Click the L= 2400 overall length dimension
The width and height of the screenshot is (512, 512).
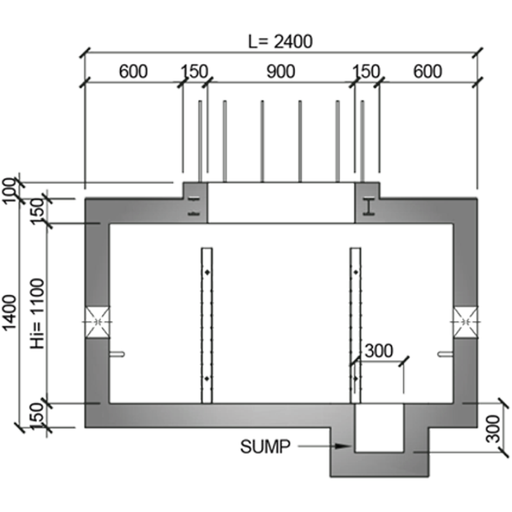pos(280,42)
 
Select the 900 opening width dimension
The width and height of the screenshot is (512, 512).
pos(281,72)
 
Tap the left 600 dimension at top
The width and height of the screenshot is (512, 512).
pos(133,72)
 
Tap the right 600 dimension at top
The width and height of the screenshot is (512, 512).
pos(427,72)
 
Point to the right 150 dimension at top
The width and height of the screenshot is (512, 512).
pos(367,72)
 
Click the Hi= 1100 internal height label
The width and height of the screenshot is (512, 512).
pos(36,314)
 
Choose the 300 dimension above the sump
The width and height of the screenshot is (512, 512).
pos(378,351)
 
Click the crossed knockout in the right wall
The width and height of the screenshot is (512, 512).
pos(466,320)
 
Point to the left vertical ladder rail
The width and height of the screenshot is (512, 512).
pos(207,325)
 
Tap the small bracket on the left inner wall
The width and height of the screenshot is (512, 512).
pos(118,353)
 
